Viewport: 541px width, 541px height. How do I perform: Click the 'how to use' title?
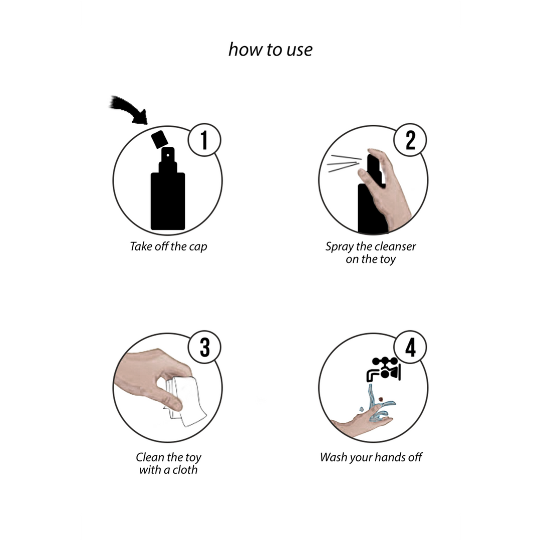(x=270, y=50)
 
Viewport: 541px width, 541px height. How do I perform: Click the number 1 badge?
(x=204, y=141)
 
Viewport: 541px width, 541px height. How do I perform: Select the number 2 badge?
(x=410, y=140)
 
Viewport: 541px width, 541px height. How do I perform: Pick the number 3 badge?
(x=204, y=348)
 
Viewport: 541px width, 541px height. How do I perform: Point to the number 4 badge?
(x=410, y=348)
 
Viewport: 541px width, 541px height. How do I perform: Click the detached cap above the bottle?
(x=159, y=139)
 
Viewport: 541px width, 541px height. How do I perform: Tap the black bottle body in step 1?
(x=168, y=200)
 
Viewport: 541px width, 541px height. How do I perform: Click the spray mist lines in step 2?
(x=343, y=164)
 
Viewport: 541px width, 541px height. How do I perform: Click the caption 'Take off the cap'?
(x=168, y=246)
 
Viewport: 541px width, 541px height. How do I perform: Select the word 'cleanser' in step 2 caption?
(x=394, y=246)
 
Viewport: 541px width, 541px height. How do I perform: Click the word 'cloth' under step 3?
(x=184, y=470)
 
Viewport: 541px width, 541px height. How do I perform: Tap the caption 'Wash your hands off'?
(x=371, y=457)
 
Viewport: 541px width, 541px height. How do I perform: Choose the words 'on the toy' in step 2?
(x=371, y=259)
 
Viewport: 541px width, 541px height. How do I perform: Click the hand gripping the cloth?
(x=148, y=381)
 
